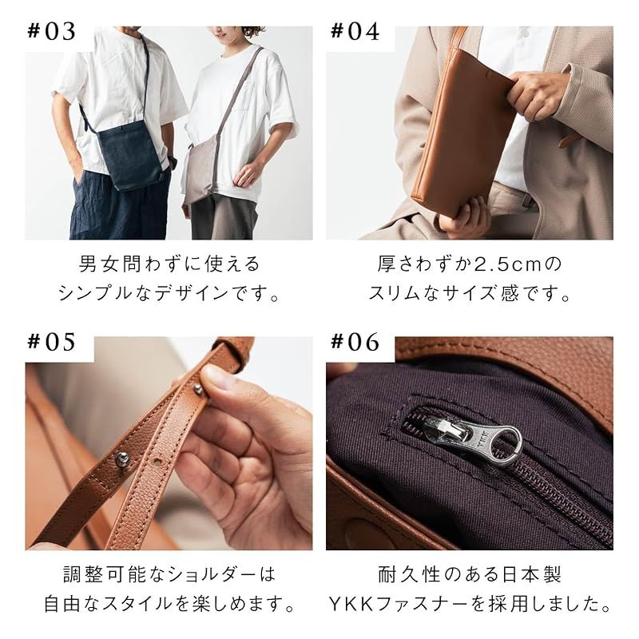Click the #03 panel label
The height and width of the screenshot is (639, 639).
[x=53, y=32]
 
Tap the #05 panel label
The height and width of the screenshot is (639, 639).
[x=53, y=342]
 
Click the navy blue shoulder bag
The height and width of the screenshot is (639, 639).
[x=129, y=157]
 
